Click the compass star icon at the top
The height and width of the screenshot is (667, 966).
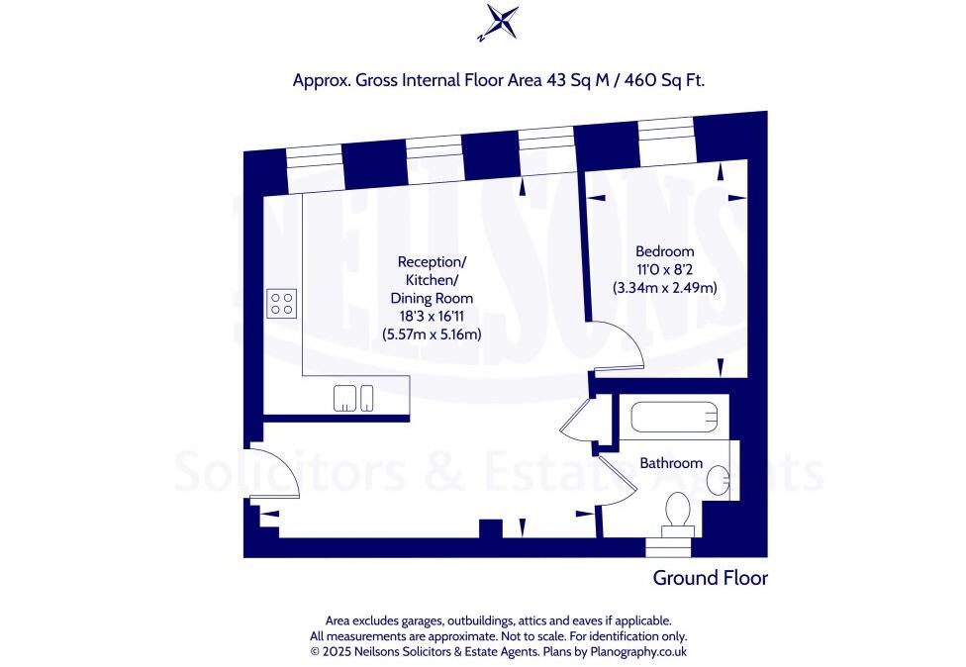coord(497,23)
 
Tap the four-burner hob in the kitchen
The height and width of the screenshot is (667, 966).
coord(281,303)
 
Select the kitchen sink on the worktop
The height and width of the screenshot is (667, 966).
coord(353,397)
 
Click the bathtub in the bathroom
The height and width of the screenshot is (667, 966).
coord(672,418)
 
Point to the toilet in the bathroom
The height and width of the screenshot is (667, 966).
coord(678,512)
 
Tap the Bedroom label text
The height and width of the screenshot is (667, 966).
coord(664,251)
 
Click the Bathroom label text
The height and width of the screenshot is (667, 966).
coord(670,463)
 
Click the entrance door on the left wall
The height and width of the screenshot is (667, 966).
coord(277,473)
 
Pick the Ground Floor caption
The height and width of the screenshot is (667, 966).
coord(710,578)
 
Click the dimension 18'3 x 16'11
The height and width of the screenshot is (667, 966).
coord(432,316)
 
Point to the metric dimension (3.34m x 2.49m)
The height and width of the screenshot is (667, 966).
coord(664,288)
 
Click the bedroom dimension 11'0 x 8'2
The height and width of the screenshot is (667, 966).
coord(664,270)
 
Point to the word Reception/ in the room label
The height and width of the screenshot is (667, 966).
coord(432,261)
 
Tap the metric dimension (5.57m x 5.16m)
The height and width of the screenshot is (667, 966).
coord(432,334)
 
